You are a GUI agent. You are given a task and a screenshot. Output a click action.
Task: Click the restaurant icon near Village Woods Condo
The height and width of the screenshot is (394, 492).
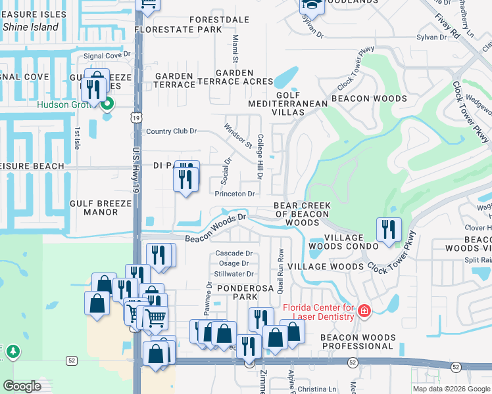coord(388,229)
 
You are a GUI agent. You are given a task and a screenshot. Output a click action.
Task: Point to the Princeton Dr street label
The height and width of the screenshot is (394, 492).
coord(234,194)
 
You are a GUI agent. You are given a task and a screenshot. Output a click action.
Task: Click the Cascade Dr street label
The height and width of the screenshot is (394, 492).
coord(234,253)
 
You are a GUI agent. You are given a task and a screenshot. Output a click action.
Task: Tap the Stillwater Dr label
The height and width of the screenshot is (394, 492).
coord(233,274)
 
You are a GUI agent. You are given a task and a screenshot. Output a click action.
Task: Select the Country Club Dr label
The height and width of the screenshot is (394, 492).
coord(171,131)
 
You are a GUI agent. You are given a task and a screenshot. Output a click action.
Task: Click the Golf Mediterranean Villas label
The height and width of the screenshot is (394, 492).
coord(288,104)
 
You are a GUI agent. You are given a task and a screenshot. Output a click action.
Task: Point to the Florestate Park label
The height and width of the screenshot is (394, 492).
coord(178,30)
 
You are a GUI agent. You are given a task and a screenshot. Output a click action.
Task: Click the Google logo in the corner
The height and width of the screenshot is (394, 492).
coord(22,386)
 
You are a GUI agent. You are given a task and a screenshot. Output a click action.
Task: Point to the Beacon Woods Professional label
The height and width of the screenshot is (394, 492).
coord(358,341)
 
